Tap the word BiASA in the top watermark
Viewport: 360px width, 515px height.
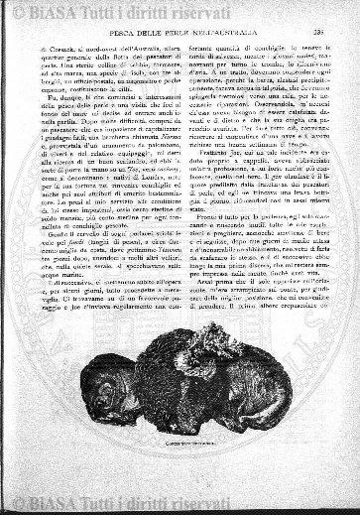(x=55, y=12)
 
